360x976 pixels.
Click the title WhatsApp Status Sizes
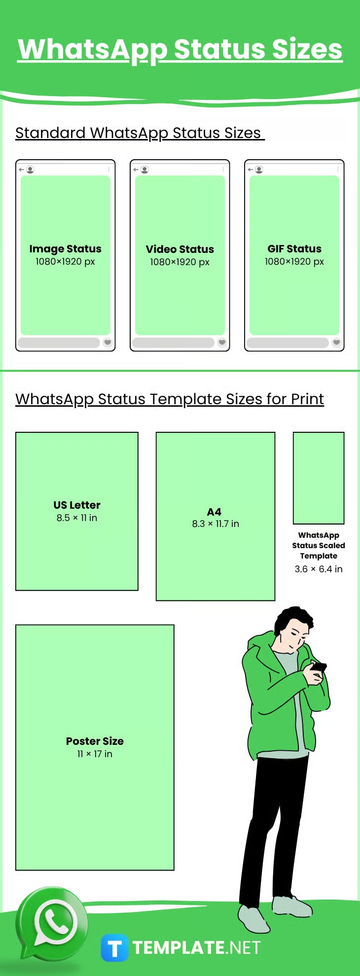(180, 49)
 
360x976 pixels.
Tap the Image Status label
(65, 249)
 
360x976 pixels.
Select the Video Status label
(180, 249)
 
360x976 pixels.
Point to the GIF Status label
(294, 249)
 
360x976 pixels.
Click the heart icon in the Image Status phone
(108, 342)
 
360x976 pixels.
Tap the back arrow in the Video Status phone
(136, 170)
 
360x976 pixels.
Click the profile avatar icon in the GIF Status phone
(259, 170)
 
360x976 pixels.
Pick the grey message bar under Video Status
(173, 343)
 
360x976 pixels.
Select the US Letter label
(77, 505)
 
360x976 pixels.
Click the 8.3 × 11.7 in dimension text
(216, 524)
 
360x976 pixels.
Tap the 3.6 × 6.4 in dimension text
(319, 569)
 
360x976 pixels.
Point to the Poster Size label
(95, 741)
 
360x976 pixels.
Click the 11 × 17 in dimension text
(95, 754)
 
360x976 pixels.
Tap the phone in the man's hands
(319, 667)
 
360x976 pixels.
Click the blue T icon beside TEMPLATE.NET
(114, 948)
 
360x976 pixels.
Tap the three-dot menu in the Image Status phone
(108, 170)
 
